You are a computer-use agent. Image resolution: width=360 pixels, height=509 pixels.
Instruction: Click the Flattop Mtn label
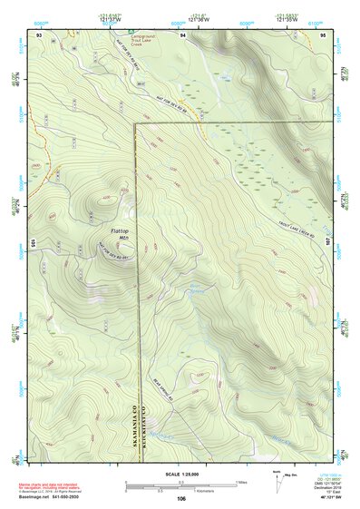coord(120,234)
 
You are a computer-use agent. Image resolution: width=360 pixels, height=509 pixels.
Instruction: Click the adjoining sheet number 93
coord(39,34)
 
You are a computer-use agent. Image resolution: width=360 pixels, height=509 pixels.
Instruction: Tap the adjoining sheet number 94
coord(182,34)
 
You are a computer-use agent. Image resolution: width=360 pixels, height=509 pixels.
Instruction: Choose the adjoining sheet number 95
coord(325,34)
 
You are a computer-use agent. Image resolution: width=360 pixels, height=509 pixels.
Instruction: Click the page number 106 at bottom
coord(181,499)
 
